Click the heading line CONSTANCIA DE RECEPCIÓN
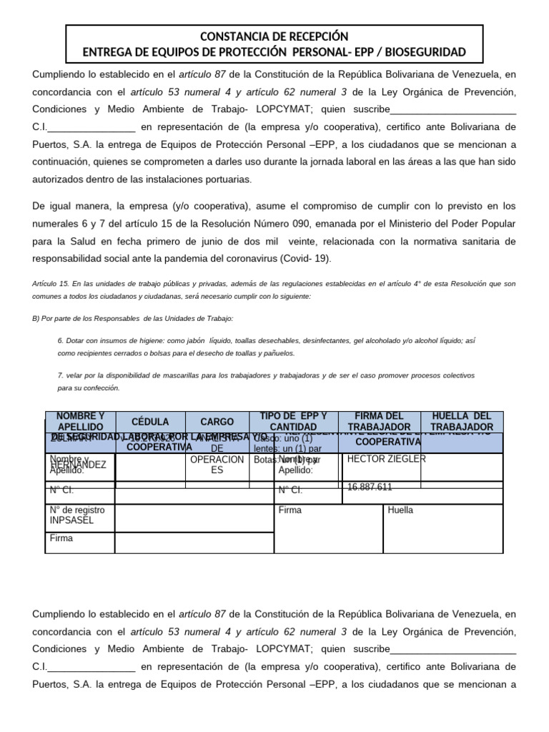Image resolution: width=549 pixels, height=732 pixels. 274,36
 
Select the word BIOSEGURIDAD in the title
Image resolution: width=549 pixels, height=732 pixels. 425,52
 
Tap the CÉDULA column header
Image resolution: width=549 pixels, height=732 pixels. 149,422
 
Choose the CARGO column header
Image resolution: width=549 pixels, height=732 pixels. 217,422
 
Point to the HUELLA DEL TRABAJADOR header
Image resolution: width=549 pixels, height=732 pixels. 462,421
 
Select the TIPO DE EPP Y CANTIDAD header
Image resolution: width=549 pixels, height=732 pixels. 293,421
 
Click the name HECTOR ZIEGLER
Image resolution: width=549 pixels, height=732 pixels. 376,458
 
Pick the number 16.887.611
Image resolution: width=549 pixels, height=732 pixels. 370,487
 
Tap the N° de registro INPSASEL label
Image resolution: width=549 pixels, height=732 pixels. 76,515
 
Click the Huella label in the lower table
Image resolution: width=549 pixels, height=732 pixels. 400,510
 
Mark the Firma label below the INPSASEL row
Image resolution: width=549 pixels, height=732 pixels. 61,538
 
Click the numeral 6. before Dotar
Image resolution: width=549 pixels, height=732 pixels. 61,341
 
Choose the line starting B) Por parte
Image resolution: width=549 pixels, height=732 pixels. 132,317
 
